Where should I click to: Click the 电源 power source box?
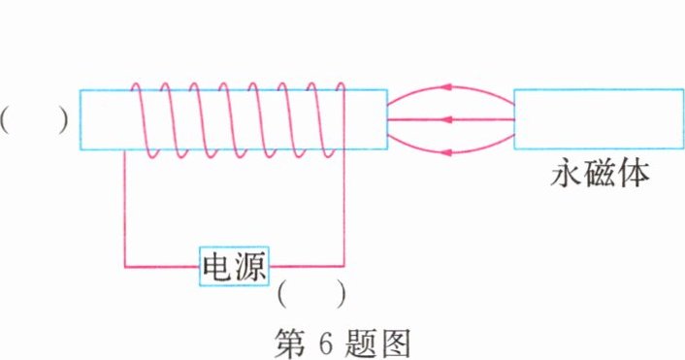pos(234,265)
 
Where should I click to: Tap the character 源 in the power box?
pos(250,265)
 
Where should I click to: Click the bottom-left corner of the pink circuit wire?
pos(125,265)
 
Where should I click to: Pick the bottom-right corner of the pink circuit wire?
pos(343,265)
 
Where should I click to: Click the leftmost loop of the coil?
pos(143,119)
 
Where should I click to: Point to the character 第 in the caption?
pos(292,341)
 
